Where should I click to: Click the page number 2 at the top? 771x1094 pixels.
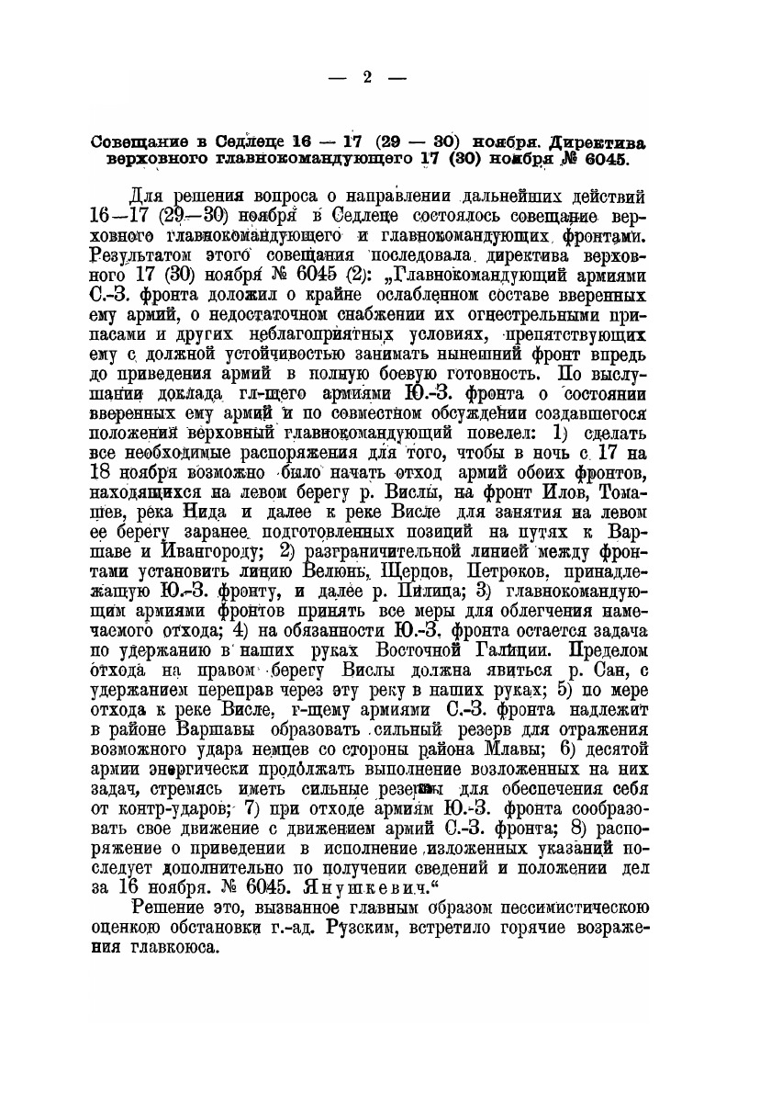click(x=365, y=78)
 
